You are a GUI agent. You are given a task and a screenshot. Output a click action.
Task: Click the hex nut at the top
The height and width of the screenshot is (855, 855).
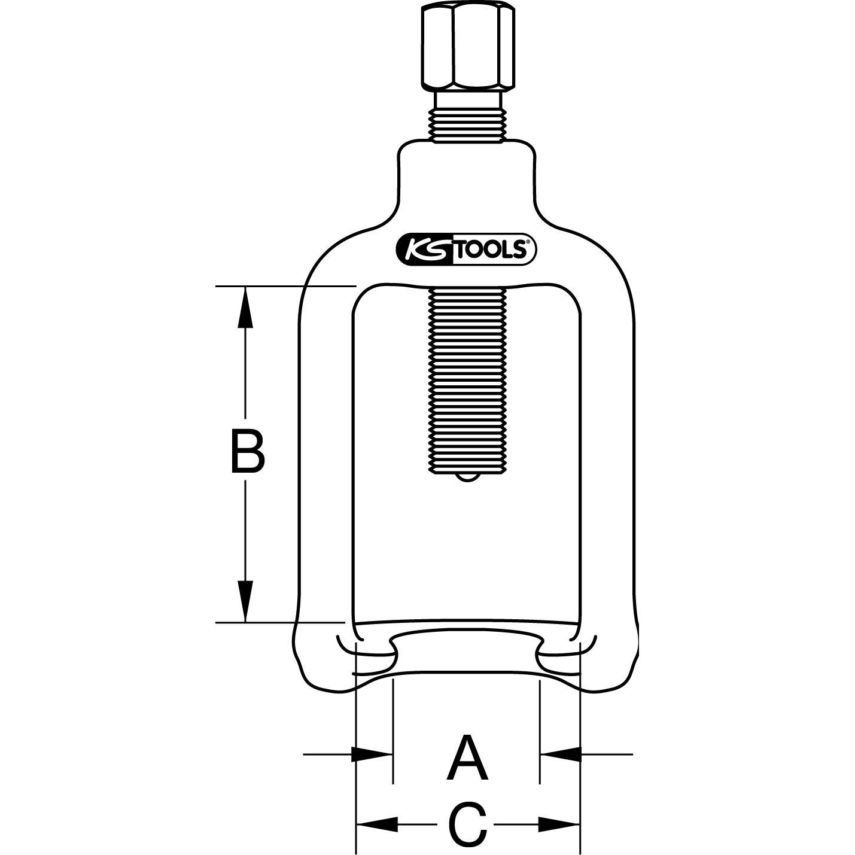pyautogui.click(x=468, y=47)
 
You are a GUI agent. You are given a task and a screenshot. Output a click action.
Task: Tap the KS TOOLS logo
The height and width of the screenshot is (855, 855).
pyautogui.click(x=466, y=249)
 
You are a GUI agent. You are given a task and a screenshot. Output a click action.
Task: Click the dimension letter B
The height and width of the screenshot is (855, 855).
pyautogui.click(x=248, y=451)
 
